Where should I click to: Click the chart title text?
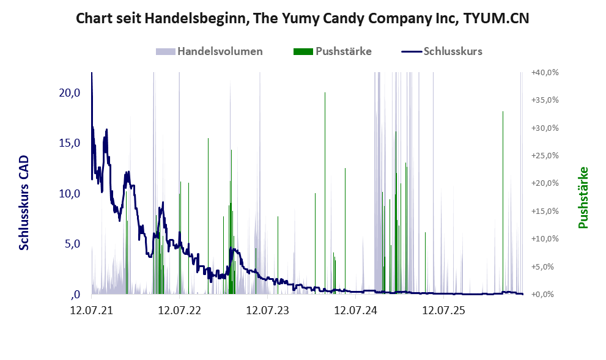tap(302, 18)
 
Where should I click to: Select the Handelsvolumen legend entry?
tap(209, 51)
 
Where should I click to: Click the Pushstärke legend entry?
tap(333, 51)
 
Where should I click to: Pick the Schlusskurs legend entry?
tap(442, 51)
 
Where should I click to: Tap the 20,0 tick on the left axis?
tap(70, 93)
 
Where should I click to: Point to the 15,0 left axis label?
tap(70, 143)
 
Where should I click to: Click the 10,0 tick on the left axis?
tap(70, 194)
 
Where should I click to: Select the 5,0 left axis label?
tap(72, 244)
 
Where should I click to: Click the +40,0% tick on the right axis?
tap(545, 73)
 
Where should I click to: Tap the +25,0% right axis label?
tap(545, 156)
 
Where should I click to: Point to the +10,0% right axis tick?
tap(545, 239)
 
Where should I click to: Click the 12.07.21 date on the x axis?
tap(92, 310)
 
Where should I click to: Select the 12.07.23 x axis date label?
tap(267, 310)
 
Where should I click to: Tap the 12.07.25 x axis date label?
tap(443, 310)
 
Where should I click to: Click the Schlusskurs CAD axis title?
tap(24, 203)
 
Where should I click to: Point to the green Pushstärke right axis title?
tap(583, 197)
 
